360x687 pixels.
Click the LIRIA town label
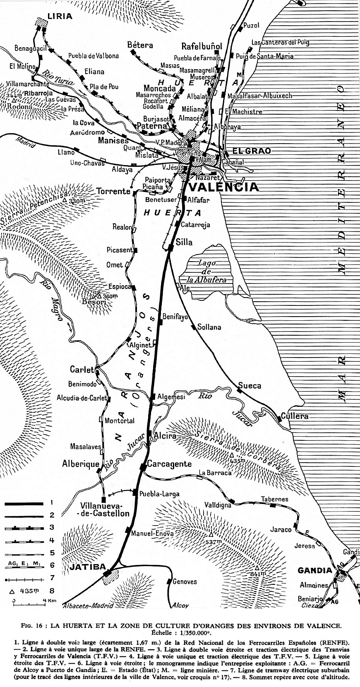60,17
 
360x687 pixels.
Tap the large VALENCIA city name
224,187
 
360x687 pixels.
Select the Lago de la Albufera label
207,271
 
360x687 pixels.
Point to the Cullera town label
295,416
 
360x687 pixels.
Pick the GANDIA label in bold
315,570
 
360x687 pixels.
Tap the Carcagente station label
170,464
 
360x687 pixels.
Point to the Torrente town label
113,191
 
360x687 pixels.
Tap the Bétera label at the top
140,45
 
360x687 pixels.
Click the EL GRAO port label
252,151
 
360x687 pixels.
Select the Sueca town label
250,386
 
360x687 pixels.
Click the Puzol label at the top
251,25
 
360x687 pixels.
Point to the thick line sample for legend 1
24,503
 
